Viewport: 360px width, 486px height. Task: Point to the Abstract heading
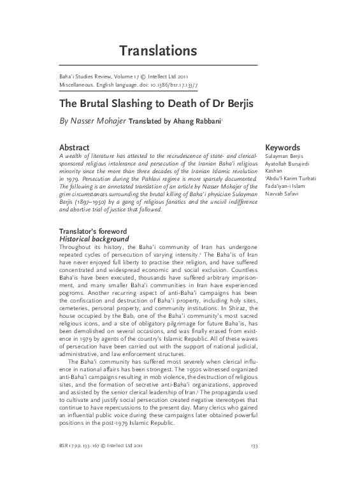pyautogui.click(x=74, y=147)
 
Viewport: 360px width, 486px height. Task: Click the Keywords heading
pyautogui.click(x=282, y=147)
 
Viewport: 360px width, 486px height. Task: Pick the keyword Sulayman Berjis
pyautogui.click(x=286, y=157)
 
